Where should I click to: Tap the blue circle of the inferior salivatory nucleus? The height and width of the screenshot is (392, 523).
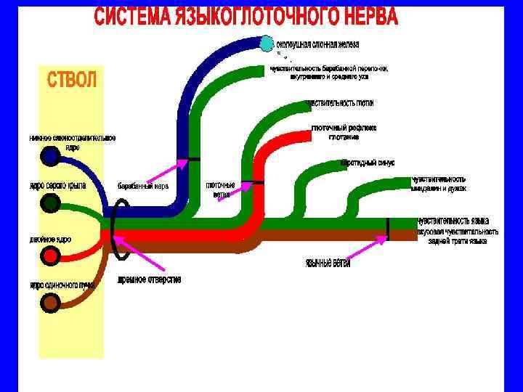[x=51, y=155]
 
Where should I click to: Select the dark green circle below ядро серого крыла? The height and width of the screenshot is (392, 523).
[x=50, y=203]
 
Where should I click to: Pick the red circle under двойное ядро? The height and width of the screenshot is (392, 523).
[x=51, y=256]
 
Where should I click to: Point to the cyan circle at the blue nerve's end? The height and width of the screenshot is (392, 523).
[x=267, y=44]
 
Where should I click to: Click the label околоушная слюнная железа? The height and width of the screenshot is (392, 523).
[x=315, y=44]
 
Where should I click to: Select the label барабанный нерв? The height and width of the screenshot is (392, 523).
[x=143, y=186]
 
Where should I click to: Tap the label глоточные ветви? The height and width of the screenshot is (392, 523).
[x=221, y=189]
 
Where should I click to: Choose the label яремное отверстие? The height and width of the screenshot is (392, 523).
[x=150, y=279]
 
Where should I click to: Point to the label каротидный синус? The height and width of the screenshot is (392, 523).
[x=368, y=163]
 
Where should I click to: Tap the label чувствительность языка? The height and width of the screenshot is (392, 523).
[x=452, y=221]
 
